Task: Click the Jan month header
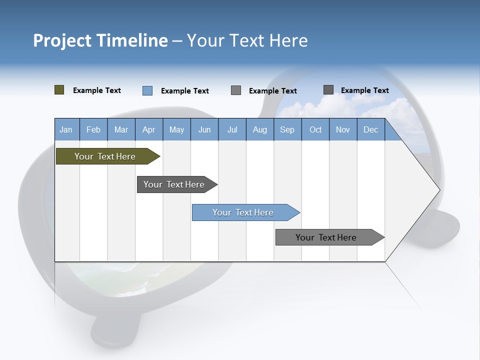click(66, 129)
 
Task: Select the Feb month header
click(93, 129)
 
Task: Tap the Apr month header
click(148, 129)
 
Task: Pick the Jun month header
click(204, 129)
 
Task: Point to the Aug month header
click(259, 129)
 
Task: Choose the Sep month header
click(287, 129)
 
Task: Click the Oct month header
click(315, 129)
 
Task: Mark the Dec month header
click(370, 129)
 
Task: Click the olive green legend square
click(59, 90)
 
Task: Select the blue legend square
click(147, 90)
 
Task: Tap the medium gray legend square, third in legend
click(236, 90)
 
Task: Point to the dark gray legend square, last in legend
click(328, 90)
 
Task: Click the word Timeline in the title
click(132, 40)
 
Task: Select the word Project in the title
click(62, 40)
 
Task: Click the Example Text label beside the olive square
click(97, 90)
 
